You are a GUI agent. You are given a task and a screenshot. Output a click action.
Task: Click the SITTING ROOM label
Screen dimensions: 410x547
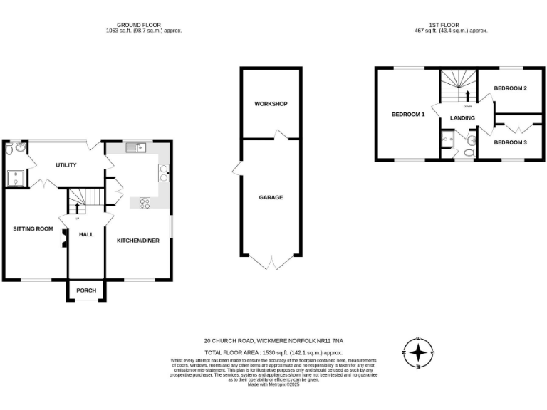click(x=33, y=228)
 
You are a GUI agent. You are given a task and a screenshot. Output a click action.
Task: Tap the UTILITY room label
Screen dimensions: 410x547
click(x=66, y=165)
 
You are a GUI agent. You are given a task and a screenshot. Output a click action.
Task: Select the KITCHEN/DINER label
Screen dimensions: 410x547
click(x=138, y=241)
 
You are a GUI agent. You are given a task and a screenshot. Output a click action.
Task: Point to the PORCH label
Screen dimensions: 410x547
click(x=86, y=290)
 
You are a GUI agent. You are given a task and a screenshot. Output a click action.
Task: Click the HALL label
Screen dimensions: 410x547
click(x=86, y=234)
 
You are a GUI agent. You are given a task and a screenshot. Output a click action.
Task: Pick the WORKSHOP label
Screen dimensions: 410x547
click(x=271, y=104)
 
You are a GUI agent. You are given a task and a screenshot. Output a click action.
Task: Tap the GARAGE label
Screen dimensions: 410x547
click(x=271, y=197)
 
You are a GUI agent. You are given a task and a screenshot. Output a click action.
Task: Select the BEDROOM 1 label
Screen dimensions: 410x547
click(x=408, y=114)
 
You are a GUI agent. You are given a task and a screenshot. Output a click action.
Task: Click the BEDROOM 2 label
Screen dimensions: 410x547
click(x=510, y=88)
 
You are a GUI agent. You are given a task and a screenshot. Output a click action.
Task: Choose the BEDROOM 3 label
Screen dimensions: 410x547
click(x=510, y=142)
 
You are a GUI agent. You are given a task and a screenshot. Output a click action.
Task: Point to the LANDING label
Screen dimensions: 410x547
click(x=462, y=117)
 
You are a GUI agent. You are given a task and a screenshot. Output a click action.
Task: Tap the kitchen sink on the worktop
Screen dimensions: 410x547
click(x=135, y=149)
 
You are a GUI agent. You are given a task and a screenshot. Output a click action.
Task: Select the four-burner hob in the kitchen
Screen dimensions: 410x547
click(x=145, y=203)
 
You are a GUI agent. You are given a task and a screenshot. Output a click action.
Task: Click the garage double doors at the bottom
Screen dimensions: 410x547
click(x=271, y=262)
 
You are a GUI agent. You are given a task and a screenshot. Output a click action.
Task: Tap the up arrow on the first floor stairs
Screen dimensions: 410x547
click(x=467, y=95)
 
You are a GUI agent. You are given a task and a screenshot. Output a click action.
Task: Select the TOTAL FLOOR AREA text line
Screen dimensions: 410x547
click(x=273, y=353)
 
